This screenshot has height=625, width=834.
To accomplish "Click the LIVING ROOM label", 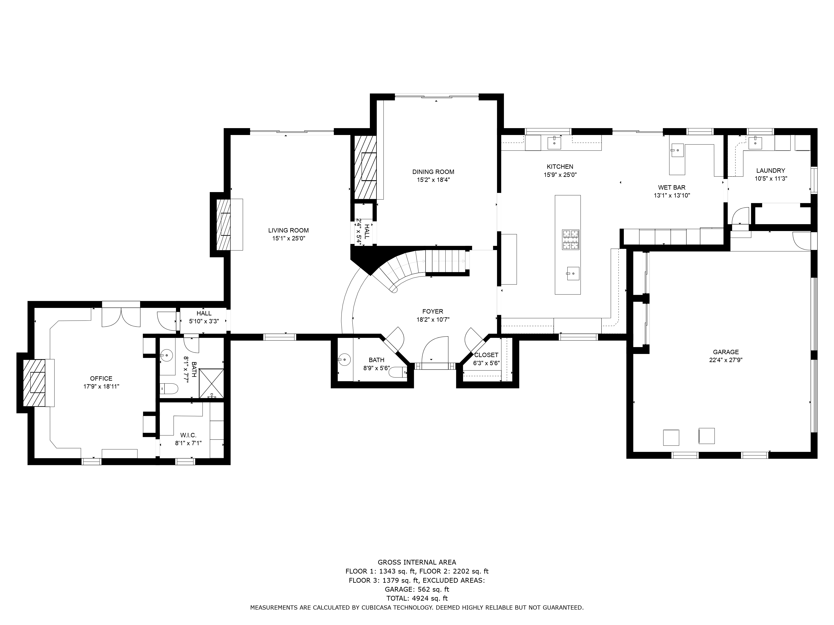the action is pyautogui.click(x=288, y=230).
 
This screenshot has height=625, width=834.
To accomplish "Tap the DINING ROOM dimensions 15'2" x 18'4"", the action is pyautogui.click(x=433, y=180).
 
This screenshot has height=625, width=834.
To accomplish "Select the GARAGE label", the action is pyautogui.click(x=726, y=352).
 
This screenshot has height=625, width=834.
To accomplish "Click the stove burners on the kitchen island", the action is pyautogui.click(x=571, y=240).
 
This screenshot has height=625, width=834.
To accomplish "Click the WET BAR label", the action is pyautogui.click(x=672, y=187).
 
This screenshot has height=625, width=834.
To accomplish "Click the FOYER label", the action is pyautogui.click(x=432, y=311).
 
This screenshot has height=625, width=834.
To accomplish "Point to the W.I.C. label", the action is pyautogui.click(x=188, y=435).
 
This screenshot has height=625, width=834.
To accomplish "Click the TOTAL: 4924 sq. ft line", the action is pyautogui.click(x=417, y=598).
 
